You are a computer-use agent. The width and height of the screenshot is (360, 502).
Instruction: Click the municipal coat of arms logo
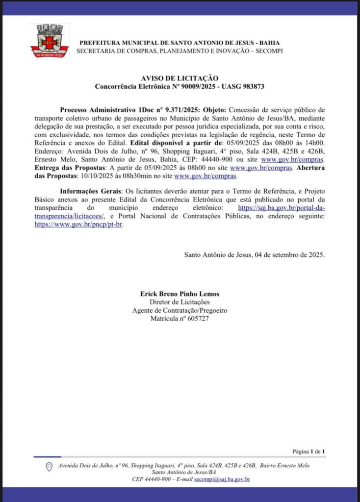[50, 41]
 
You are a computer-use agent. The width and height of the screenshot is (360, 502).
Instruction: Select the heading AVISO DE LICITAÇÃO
[180, 78]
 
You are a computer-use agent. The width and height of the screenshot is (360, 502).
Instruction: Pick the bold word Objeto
[214, 110]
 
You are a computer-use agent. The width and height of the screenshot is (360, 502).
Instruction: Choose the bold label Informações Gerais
[90, 191]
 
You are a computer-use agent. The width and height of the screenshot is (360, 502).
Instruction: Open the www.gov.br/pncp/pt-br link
[78, 225]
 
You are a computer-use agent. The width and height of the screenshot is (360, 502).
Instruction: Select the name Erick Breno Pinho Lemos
[180, 294]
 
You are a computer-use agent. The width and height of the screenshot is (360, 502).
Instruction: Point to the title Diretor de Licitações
[180, 302]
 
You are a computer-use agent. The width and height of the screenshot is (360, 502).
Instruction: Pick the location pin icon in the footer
[49, 467]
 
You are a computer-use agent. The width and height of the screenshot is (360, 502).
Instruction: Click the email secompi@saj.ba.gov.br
[222, 479]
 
